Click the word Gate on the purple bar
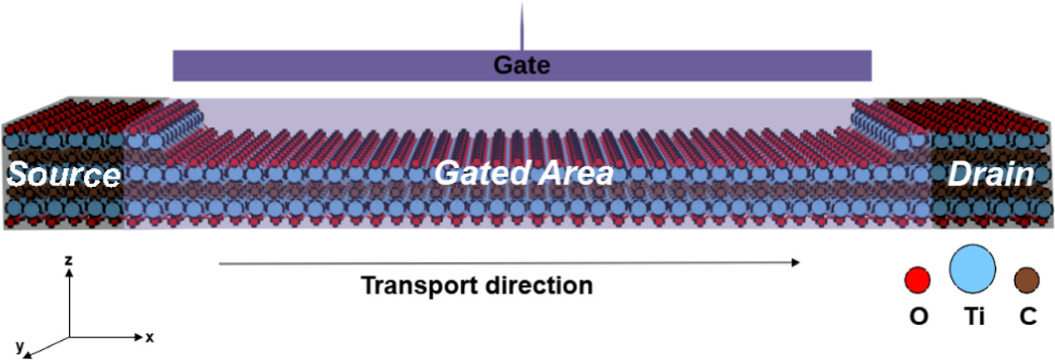pyautogui.click(x=521, y=66)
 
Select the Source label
pyautogui.click(x=64, y=175)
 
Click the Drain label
pyautogui.click(x=992, y=175)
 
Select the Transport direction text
pyautogui.click(x=476, y=286)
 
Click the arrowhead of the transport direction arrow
pyautogui.click(x=796, y=263)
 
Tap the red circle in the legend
pyautogui.click(x=917, y=280)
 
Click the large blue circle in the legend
pyautogui.click(x=973, y=269)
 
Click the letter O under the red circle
pyautogui.click(x=918, y=317)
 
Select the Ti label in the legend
pyautogui.click(x=974, y=317)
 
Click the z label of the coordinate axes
pyautogui.click(x=70, y=260)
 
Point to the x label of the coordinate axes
pyautogui.click(x=150, y=338)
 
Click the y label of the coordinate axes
pyautogui.click(x=18, y=343)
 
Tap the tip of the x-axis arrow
pyautogui.click(x=141, y=338)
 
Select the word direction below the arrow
pyautogui.click(x=538, y=286)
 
